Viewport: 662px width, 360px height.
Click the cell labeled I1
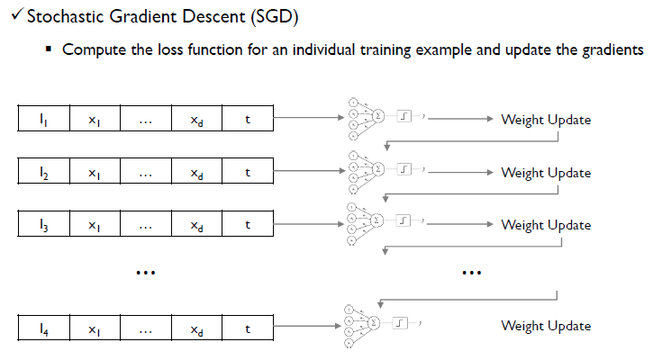coord(44,119)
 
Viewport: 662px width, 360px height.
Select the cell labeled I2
coord(44,172)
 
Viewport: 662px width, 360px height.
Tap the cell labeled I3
coord(44,225)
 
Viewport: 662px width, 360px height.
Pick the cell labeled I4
coord(44,327)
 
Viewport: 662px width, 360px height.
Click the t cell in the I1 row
coord(248,119)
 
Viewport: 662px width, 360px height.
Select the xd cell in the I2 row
coord(196,172)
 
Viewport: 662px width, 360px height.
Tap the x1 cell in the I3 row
coord(94,225)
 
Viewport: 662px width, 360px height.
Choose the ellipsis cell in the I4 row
coord(145,327)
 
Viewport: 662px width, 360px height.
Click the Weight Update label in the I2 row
coord(546,172)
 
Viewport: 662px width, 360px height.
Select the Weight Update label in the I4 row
coord(546,326)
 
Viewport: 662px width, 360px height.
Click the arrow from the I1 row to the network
coord(306,118)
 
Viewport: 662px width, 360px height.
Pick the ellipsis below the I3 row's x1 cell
coord(145,271)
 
